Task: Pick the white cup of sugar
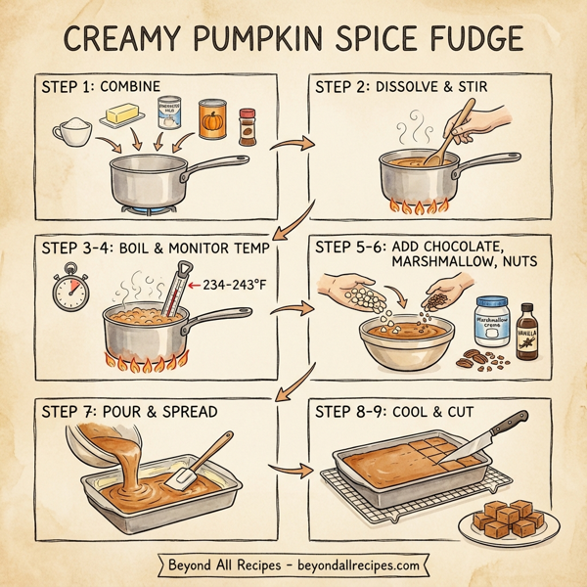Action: coord(72,131)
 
